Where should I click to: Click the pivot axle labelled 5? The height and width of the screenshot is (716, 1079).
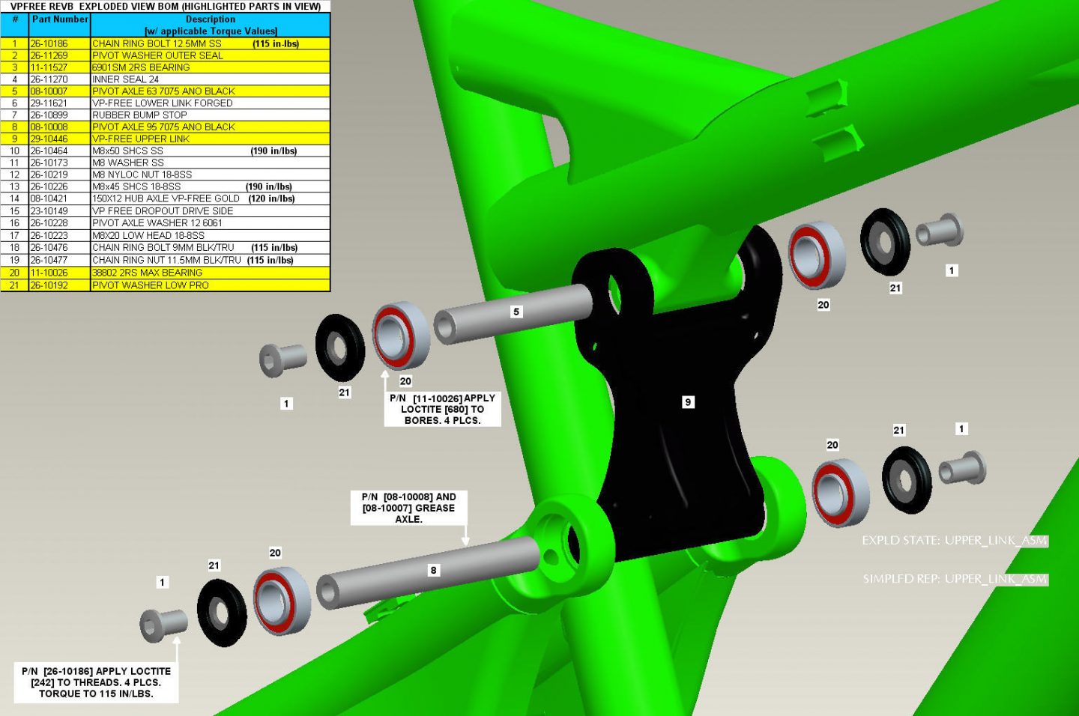click(x=513, y=313)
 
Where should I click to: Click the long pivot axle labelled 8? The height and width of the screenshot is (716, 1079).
click(x=429, y=572)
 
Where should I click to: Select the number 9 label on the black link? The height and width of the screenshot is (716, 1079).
click(x=688, y=402)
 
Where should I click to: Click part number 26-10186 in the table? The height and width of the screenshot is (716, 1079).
click(x=49, y=44)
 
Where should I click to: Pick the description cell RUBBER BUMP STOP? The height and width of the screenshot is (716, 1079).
click(x=139, y=115)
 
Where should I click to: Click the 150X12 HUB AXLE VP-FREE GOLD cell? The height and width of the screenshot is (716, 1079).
click(x=166, y=198)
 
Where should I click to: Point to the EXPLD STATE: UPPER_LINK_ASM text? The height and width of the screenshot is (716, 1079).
click(x=955, y=540)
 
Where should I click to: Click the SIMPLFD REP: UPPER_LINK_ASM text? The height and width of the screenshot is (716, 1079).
click(x=955, y=579)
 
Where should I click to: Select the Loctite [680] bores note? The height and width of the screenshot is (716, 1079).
click(x=442, y=409)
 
